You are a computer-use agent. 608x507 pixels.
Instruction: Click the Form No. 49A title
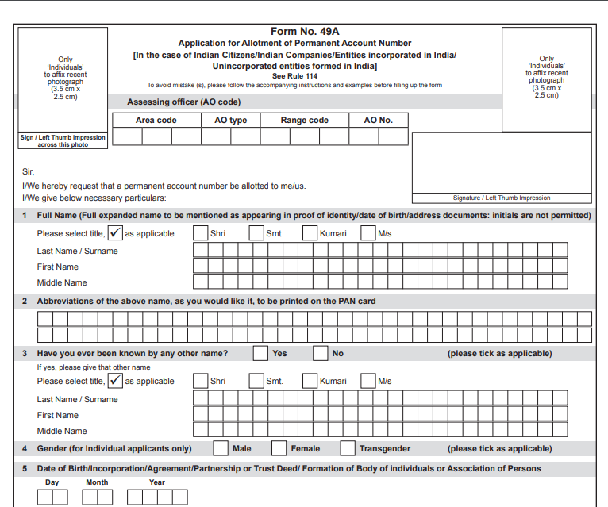[x=305, y=31]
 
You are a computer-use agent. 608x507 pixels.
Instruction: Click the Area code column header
[x=156, y=120]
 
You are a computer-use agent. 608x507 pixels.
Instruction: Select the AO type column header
[x=231, y=120]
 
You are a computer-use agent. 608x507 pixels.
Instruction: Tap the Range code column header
[x=304, y=120]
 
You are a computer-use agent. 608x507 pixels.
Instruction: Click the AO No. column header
[x=378, y=120]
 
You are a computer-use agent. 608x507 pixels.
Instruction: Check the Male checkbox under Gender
[x=221, y=448]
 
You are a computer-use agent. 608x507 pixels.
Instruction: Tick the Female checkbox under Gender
[x=279, y=448]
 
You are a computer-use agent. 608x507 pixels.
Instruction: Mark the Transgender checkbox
[x=348, y=448]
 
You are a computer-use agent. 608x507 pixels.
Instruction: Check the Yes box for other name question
[x=260, y=353]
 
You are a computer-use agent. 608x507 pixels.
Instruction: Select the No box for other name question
[x=320, y=353]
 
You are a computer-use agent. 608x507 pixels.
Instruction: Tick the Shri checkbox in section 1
[x=201, y=233]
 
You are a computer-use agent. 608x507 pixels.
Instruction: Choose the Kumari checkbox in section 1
[x=310, y=233]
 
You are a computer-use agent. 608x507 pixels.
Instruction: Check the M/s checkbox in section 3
[x=367, y=380]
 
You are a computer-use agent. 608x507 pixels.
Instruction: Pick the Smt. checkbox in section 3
[x=256, y=380]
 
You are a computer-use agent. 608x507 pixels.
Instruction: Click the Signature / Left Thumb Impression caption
[x=500, y=198]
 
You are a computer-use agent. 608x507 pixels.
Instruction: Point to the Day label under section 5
[x=52, y=482]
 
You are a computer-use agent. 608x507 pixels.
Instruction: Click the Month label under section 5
[x=97, y=482]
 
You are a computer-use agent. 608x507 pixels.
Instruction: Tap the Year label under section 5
[x=157, y=482]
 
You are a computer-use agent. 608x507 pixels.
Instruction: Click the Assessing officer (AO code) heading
[x=183, y=102]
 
